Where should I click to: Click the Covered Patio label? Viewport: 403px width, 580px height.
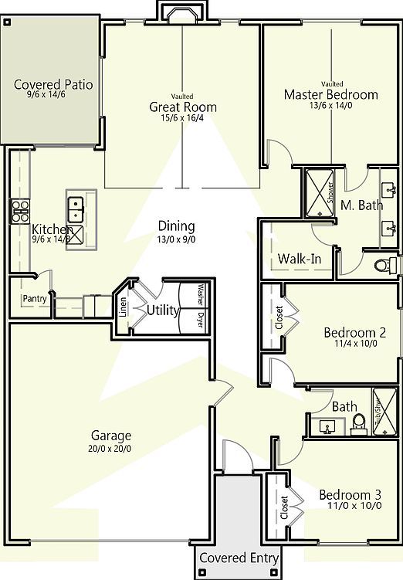(x=54, y=84)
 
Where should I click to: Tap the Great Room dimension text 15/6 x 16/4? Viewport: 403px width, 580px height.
(x=183, y=119)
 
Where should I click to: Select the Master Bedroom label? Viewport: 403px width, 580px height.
(x=331, y=95)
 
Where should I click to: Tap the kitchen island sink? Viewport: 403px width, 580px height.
(x=76, y=206)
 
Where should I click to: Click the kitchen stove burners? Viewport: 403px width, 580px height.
(x=19, y=206)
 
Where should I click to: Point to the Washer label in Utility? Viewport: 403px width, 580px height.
(x=200, y=294)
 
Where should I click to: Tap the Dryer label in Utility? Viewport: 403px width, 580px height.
(x=200, y=319)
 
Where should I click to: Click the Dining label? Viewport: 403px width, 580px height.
(x=176, y=226)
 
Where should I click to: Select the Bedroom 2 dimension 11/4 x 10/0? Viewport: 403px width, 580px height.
(x=349, y=344)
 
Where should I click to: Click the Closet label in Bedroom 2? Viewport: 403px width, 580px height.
(x=279, y=317)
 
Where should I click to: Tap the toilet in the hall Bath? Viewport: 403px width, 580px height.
(x=357, y=422)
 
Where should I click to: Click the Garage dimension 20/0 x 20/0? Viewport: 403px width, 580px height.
(x=110, y=447)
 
